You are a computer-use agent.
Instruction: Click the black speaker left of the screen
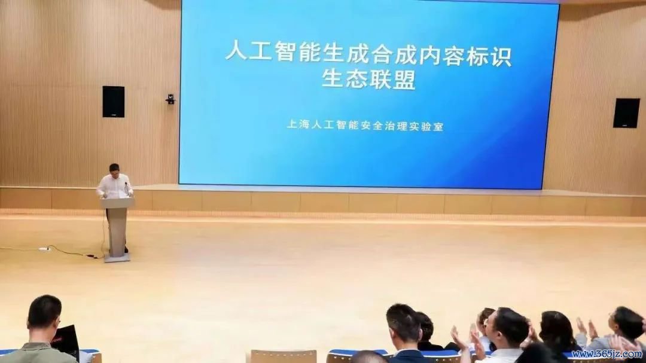(113, 101)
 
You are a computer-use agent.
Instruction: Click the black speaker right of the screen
(626, 113)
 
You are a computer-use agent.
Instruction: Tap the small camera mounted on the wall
(170, 99)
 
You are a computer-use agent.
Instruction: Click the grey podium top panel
(117, 203)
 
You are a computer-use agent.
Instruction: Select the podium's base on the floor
(117, 258)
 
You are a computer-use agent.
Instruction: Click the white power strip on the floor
(44, 249)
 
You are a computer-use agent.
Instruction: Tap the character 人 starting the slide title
(236, 50)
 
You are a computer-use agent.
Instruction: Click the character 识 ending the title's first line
(501, 57)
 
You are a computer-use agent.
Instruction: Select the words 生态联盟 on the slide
(368, 79)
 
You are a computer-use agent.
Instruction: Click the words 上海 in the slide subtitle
(298, 124)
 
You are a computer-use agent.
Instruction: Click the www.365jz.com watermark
(607, 354)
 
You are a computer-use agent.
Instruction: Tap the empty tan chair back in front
(284, 356)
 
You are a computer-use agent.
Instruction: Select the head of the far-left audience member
(44, 313)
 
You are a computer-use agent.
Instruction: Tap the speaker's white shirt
(114, 186)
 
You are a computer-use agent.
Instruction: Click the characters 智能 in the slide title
(298, 51)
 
